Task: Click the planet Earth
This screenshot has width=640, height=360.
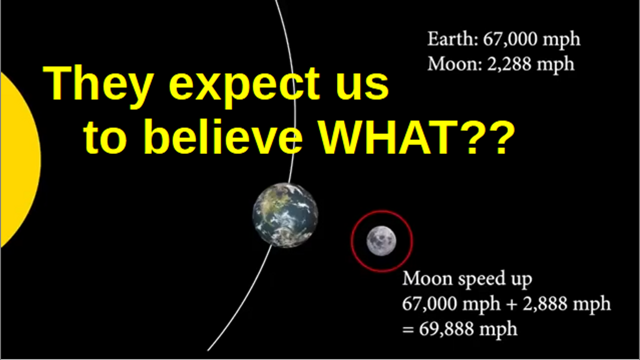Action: click(285, 215)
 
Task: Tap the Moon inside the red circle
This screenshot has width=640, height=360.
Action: click(381, 240)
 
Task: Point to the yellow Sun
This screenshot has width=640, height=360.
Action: click(20, 160)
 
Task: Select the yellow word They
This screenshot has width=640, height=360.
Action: click(97, 85)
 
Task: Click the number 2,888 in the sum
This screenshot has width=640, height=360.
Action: click(545, 303)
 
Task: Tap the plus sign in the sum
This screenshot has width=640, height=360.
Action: click(511, 304)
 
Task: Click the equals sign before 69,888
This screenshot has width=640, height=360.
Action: click(408, 329)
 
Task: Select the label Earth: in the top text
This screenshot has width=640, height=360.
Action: click(452, 39)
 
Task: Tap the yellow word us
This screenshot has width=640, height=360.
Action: click(362, 85)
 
